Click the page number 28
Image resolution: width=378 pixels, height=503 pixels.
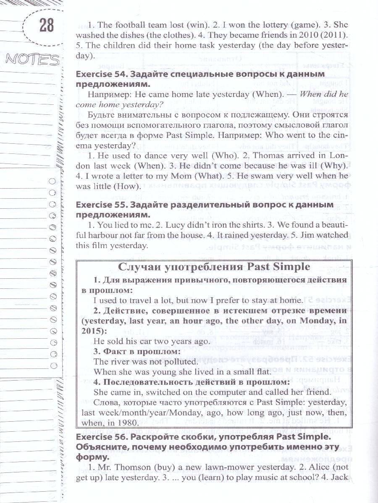[47, 26]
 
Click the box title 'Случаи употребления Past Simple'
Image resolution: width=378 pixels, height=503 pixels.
[214, 267]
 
